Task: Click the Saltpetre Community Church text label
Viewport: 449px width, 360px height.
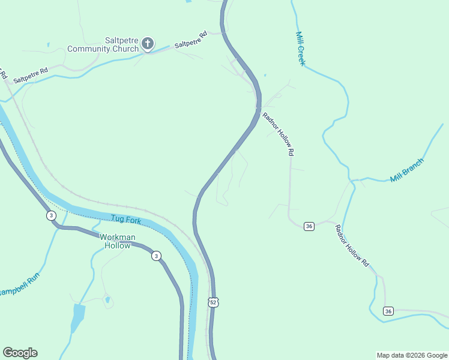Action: tap(104, 44)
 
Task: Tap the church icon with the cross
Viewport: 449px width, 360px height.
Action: tap(147, 44)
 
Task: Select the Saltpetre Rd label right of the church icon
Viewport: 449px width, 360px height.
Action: tap(190, 40)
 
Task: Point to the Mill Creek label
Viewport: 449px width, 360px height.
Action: tap(301, 49)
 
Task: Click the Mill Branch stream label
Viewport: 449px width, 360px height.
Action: tap(406, 170)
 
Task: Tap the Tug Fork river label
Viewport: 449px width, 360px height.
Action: tap(125, 220)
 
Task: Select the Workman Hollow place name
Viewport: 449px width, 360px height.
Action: tap(117, 241)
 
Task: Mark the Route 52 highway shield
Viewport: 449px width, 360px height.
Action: tap(214, 302)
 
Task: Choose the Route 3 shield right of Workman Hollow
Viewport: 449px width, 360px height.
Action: tap(155, 255)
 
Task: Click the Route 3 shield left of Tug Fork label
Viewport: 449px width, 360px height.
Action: tap(52, 215)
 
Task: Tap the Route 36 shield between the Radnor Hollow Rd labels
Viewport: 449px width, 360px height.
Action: tap(309, 226)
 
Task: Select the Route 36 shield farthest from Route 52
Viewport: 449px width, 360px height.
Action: tap(388, 311)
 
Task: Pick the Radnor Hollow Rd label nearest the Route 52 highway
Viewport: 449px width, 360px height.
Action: tap(278, 134)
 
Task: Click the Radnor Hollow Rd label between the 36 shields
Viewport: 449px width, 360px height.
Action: tap(352, 245)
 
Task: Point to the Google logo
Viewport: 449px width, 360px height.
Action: tap(20, 353)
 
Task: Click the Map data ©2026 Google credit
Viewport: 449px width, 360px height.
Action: tap(412, 355)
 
